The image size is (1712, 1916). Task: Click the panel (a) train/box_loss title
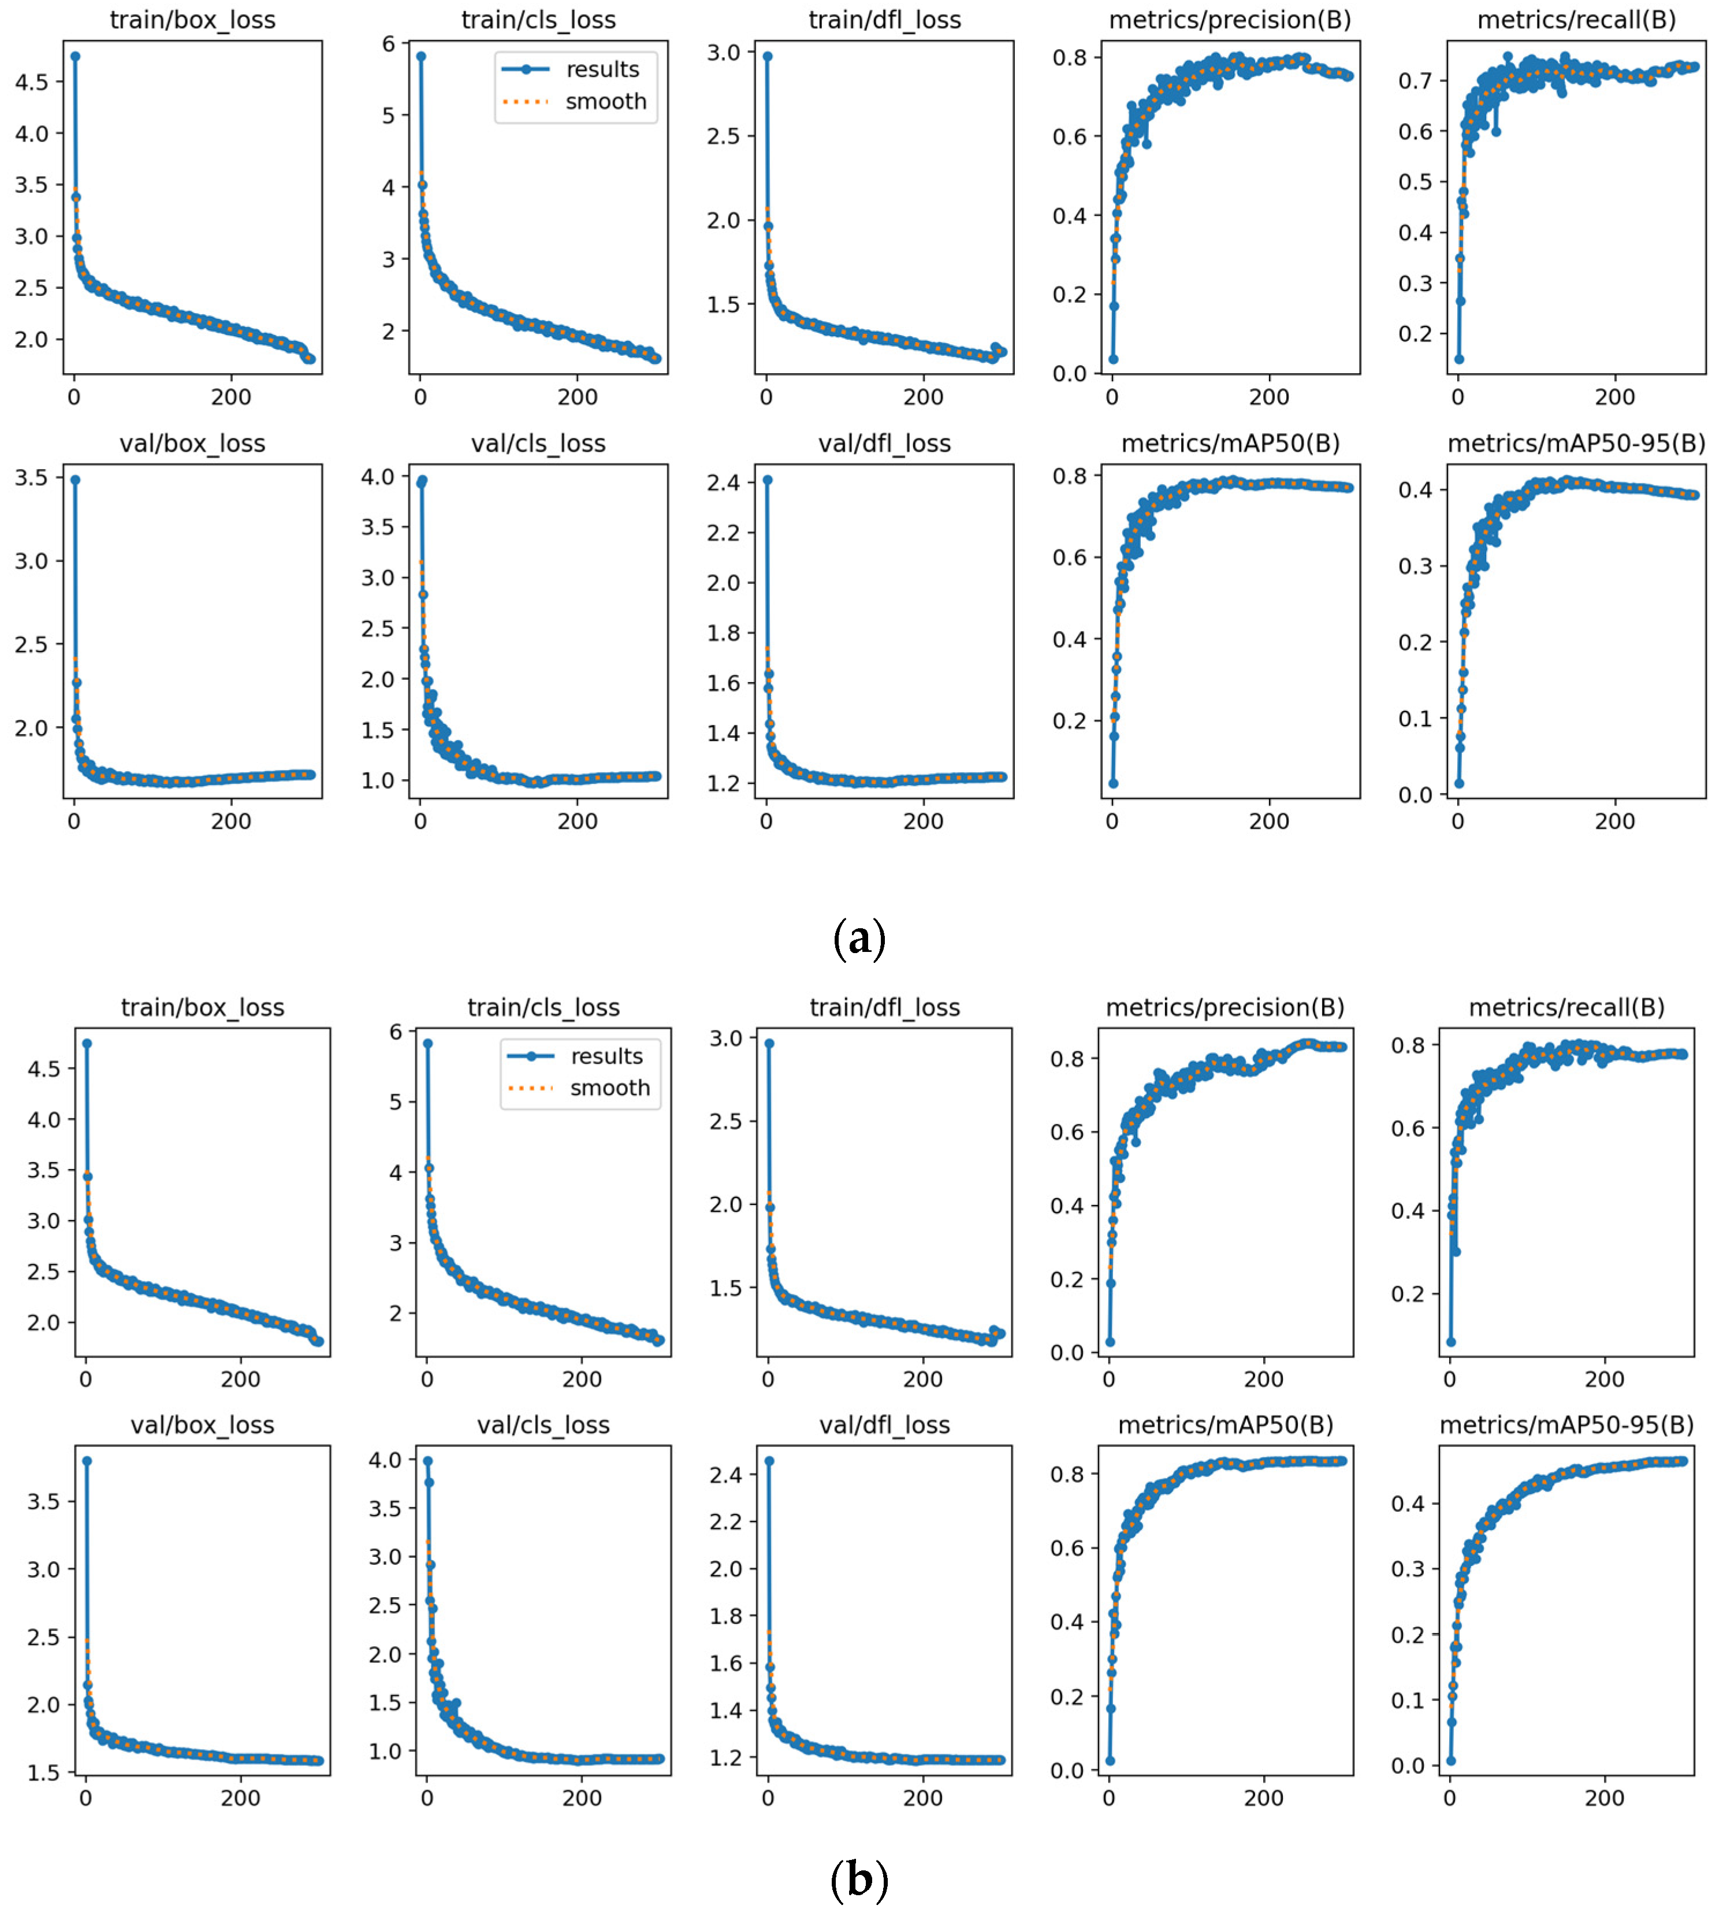click(193, 20)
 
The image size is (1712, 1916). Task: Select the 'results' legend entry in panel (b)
click(606, 1056)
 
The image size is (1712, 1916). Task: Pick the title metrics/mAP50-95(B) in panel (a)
click(1576, 443)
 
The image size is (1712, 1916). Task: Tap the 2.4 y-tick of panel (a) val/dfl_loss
click(725, 482)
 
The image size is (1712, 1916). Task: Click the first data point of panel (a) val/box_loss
click(75, 479)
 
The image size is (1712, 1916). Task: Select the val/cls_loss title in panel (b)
click(543, 1425)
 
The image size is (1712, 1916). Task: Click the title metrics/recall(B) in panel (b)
click(1566, 1007)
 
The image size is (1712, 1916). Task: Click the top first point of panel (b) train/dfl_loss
click(769, 1043)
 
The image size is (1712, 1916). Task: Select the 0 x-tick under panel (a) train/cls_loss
click(420, 398)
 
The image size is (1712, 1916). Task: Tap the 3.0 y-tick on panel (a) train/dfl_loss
click(725, 52)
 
